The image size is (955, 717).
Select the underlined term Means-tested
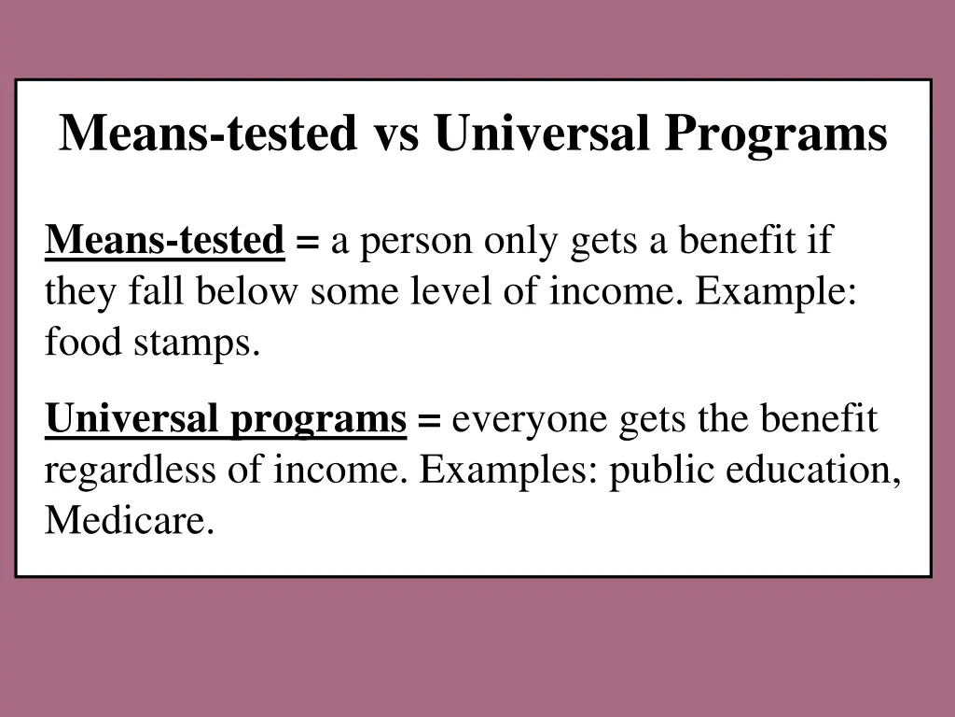tap(165, 242)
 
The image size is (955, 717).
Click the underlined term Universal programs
tap(226, 420)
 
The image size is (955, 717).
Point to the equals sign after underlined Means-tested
tap(307, 244)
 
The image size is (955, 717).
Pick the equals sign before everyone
tap(429, 422)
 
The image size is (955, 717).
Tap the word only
tap(519, 243)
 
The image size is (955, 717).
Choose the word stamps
tap(196, 344)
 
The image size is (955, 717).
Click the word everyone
tap(530, 422)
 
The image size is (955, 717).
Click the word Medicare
tap(129, 520)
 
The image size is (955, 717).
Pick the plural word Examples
tap(510, 471)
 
